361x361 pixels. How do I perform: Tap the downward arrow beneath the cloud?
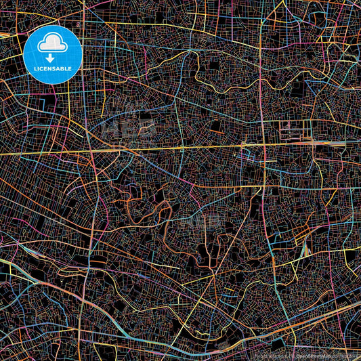tap(52, 58)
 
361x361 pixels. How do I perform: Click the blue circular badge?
tap(52, 55)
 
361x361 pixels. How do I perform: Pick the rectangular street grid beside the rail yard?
tap(298, 129)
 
